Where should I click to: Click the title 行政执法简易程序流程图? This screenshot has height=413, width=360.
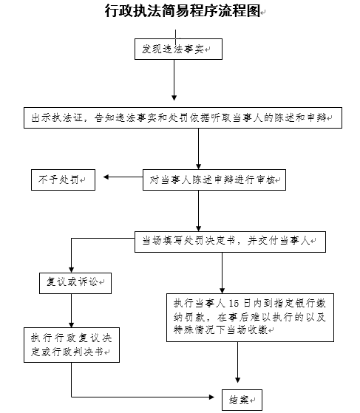pos(183,11)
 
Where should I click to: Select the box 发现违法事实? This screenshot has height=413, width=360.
pos(178,49)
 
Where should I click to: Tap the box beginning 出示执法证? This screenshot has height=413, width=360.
pos(183,117)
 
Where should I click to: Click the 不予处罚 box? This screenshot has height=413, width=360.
pos(63,180)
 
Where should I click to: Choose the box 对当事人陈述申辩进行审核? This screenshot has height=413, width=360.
pos(214,180)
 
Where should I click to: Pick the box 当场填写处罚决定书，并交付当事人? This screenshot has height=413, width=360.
pos(230,242)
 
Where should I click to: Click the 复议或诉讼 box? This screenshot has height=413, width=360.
pos(75,283)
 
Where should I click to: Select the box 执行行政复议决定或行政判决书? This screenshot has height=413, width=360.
pos(72,345)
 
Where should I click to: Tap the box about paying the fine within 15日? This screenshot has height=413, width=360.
pos(250,318)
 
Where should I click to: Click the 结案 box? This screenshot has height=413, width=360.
pos(242,400)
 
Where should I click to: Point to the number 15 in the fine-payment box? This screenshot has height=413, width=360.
pos(234,304)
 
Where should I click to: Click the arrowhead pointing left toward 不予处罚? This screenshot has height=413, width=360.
pos(106,177)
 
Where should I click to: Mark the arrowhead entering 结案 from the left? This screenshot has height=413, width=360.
pos(211,397)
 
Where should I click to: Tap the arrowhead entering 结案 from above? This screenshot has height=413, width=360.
pos(238,380)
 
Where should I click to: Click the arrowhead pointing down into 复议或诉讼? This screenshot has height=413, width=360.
pos(71,270)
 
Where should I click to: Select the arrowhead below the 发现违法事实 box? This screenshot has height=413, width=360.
pos(174,98)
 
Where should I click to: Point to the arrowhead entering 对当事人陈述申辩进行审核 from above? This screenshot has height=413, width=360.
pos(198,166)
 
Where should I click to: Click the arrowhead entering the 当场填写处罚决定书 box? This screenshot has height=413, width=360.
pos(198,228)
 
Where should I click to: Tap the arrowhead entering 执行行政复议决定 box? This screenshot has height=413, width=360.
pos(71,324)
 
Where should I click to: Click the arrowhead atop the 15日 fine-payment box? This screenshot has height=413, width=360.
pos(223,290)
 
